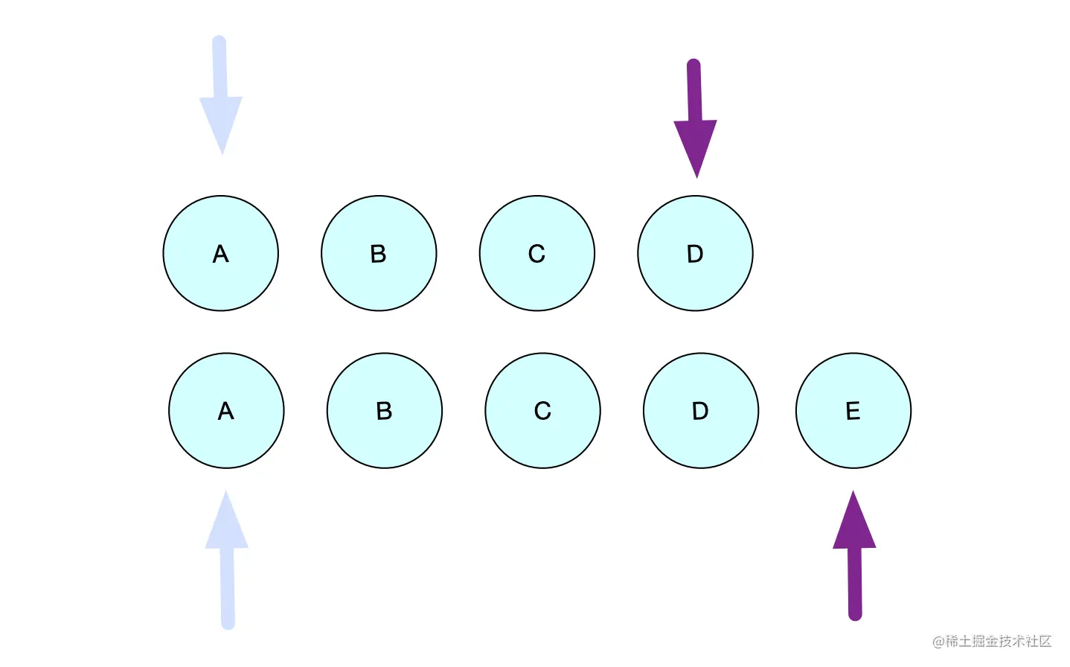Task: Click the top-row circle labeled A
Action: pyautogui.click(x=220, y=253)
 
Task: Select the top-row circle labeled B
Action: pyautogui.click(x=379, y=253)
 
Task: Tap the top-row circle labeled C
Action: pyautogui.click(x=537, y=253)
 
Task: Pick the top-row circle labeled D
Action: pyautogui.click(x=695, y=253)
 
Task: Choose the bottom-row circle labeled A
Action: pyautogui.click(x=226, y=410)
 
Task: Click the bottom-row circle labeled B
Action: pyautogui.click(x=385, y=410)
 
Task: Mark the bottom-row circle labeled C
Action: pyautogui.click(x=542, y=410)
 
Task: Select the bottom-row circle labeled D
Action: pyautogui.click(x=701, y=410)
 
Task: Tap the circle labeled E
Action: pyautogui.click(x=853, y=410)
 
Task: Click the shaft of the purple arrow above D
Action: pyautogui.click(x=694, y=89)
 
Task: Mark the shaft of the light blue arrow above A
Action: pyautogui.click(x=220, y=67)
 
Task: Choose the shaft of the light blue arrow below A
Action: pyautogui.click(x=228, y=588)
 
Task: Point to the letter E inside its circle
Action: pyautogui.click(x=853, y=411)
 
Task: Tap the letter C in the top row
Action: pyautogui.click(x=537, y=254)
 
